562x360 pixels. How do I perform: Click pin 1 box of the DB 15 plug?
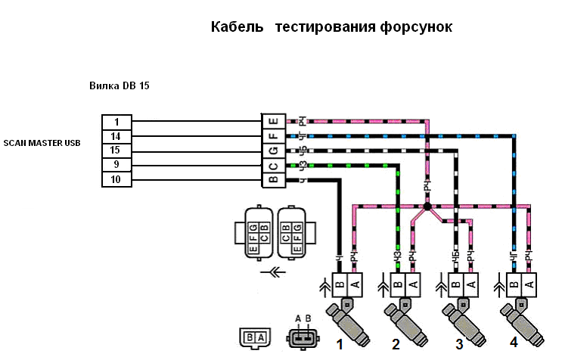tap(117, 122)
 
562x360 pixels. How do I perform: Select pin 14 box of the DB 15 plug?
tap(117, 136)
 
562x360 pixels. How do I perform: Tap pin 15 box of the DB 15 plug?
tap(117, 151)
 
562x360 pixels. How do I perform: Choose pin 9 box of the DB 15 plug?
tap(117, 165)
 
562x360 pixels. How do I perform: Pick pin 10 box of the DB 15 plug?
tap(117, 179)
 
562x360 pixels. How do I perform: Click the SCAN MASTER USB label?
tap(42, 142)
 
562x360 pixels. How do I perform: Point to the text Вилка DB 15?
tap(120, 86)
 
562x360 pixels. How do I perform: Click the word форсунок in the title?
tap(413, 28)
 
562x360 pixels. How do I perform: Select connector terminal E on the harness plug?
tap(272, 122)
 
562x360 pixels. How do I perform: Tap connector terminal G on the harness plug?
tap(272, 151)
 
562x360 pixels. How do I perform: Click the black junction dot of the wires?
tap(427, 206)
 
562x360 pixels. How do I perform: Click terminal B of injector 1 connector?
tap(340, 284)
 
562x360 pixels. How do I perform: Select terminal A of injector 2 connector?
tap(411, 284)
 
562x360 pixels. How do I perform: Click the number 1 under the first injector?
tap(340, 344)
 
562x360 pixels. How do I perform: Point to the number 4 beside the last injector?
tap(514, 343)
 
